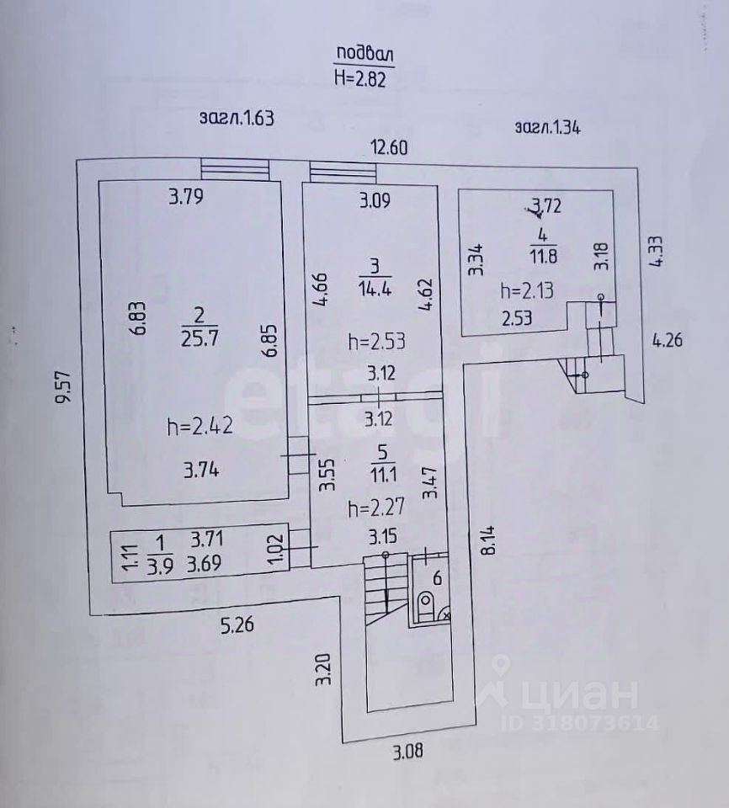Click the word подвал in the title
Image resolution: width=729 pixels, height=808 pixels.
(x=364, y=55)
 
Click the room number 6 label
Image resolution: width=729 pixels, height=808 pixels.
(x=436, y=577)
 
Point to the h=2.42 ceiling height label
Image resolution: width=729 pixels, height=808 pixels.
(x=200, y=426)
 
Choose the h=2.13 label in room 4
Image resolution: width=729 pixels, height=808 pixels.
(x=527, y=291)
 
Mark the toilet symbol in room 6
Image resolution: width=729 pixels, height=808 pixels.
(x=426, y=605)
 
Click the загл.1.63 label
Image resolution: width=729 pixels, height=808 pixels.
(x=237, y=118)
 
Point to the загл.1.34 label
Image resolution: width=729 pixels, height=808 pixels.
(x=548, y=128)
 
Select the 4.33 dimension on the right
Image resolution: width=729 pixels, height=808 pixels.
(x=657, y=251)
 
